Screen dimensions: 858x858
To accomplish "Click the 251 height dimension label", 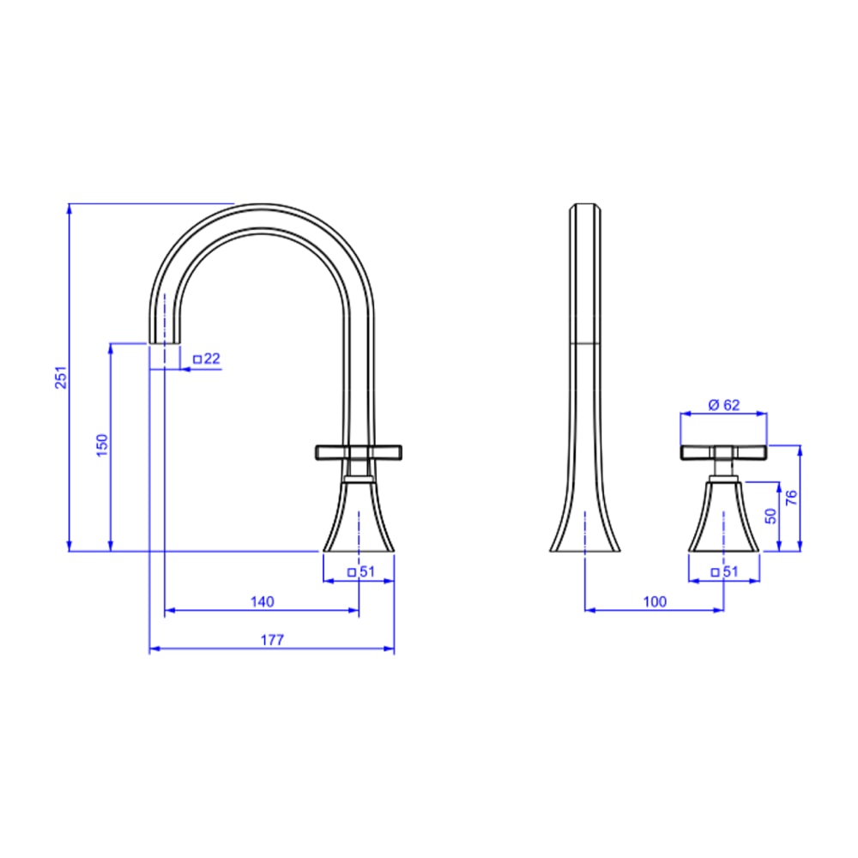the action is coord(61,377).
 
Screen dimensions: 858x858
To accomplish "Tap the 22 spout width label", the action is coord(212,359).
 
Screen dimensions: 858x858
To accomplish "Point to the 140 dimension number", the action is coord(262,601).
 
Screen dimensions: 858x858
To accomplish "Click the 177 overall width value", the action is coord(272,640).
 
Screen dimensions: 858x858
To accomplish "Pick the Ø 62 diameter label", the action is coord(724,405).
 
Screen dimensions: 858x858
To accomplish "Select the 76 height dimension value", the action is coord(791,498).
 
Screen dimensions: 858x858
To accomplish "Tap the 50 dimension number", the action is coord(770,516).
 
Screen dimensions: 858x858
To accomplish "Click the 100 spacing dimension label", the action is coord(655,601).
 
